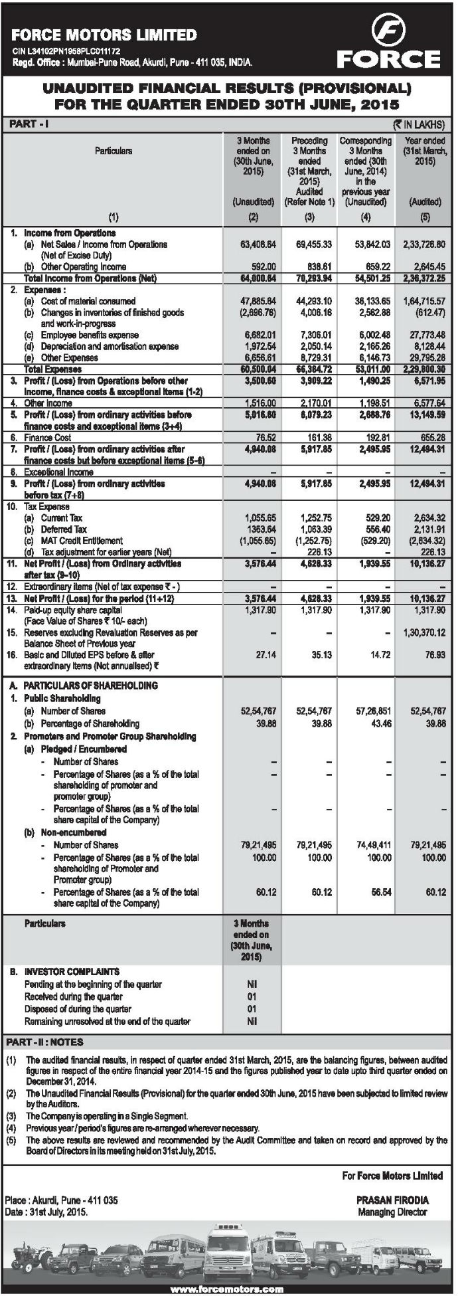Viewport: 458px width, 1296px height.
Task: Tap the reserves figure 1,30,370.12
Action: click(x=423, y=633)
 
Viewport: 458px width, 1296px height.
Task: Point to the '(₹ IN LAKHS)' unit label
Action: click(x=418, y=124)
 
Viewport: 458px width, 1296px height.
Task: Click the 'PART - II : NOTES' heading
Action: click(x=44, y=1042)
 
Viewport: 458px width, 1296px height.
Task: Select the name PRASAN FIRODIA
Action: click(x=392, y=1200)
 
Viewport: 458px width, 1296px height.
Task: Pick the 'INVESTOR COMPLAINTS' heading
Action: click(x=72, y=971)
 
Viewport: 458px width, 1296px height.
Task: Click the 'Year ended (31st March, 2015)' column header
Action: click(x=425, y=151)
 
